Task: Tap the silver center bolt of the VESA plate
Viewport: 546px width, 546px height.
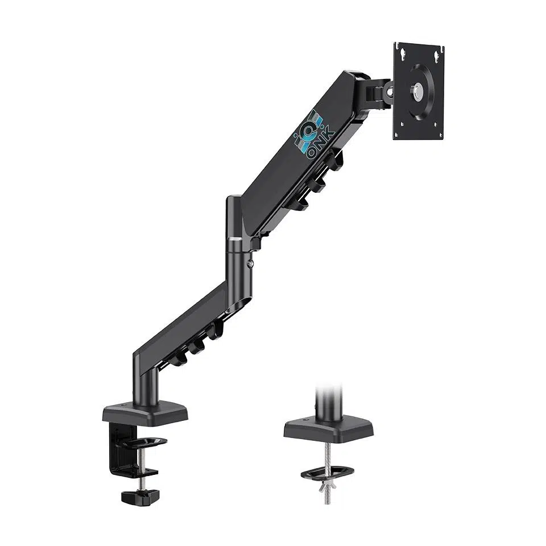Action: [419, 89]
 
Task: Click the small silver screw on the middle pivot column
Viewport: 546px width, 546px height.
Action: [250, 263]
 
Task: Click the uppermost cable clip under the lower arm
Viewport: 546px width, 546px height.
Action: [215, 329]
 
